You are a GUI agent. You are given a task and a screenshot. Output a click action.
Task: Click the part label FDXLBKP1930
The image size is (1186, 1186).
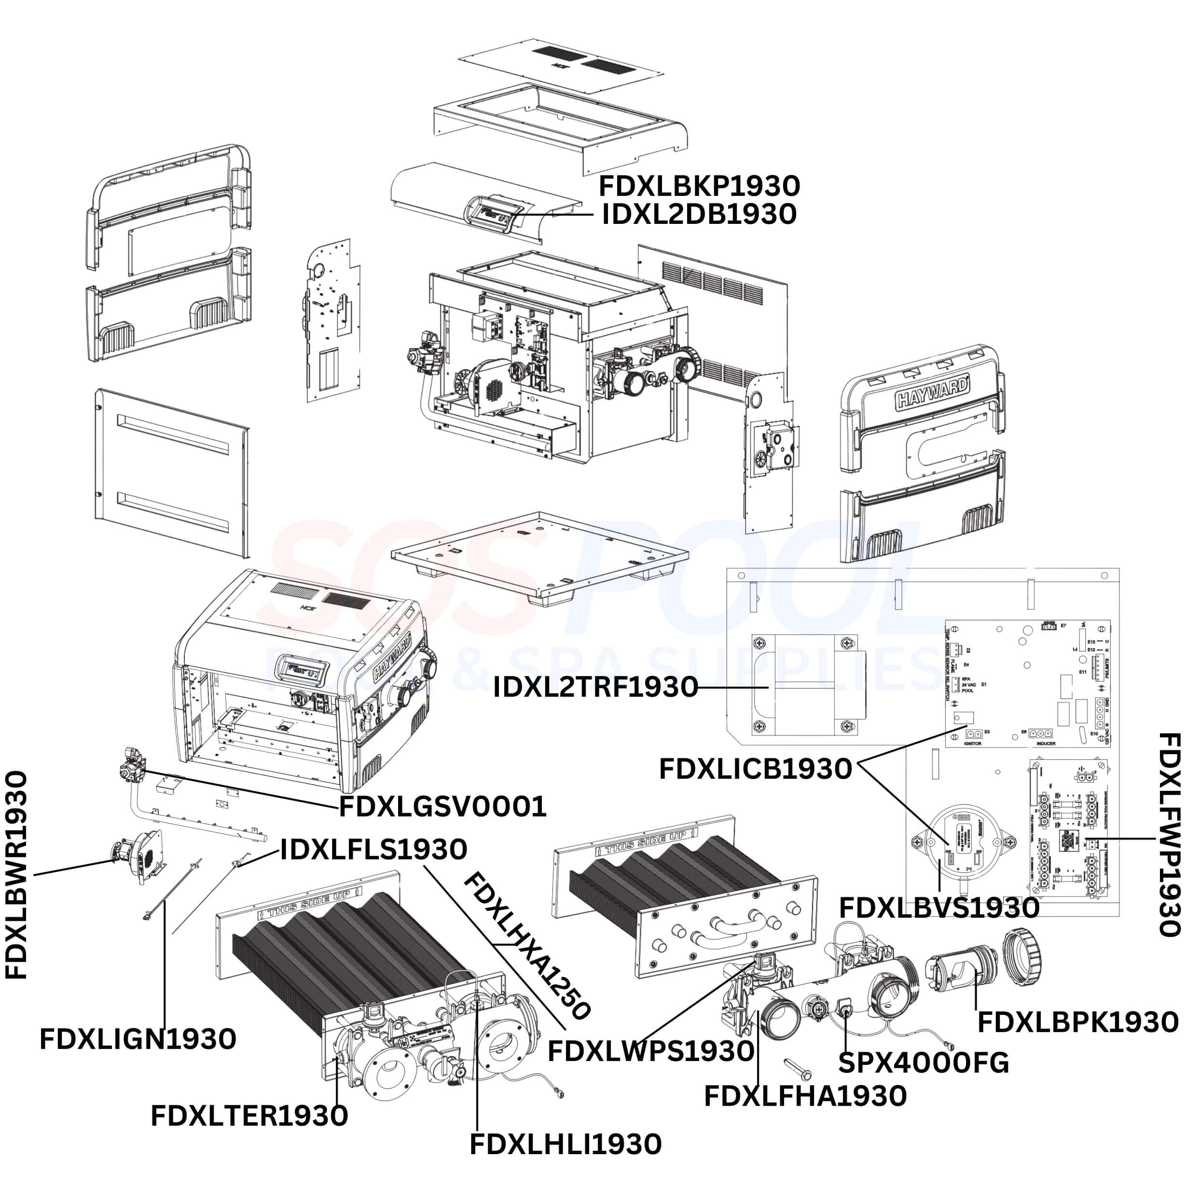pos(699,185)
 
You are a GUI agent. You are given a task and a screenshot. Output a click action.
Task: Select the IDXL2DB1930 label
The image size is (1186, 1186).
pos(699,214)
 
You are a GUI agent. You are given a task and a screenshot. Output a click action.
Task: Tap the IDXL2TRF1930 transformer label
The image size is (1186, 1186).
pos(595,687)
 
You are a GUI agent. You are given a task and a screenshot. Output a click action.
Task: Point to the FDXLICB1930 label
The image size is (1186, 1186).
pos(756,769)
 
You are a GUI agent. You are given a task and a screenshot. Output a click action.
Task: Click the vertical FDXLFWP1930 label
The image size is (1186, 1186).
pos(1170,835)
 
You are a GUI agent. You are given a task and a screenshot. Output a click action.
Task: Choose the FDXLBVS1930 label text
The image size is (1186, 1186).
pos(939,907)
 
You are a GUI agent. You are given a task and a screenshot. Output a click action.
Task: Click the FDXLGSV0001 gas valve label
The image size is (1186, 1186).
pos(442,807)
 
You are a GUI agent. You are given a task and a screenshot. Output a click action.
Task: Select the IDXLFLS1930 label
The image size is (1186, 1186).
pos(374,850)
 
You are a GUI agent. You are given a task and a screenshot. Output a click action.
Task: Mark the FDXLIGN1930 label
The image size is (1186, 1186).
pos(138,1039)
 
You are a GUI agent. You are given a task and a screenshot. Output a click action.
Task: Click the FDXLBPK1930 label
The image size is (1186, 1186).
pos(1077,1022)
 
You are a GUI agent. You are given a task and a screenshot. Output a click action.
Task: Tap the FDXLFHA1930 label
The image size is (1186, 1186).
pos(805,1096)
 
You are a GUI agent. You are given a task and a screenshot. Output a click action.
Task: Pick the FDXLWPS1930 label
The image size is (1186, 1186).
pos(651,1051)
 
